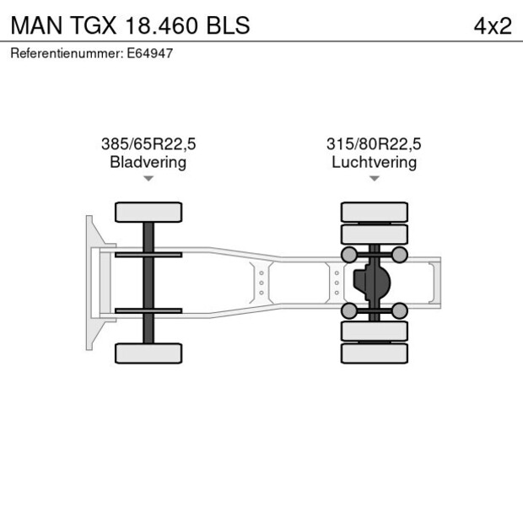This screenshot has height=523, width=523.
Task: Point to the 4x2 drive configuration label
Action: tap(492, 25)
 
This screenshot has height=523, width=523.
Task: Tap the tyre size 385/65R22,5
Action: tap(148, 144)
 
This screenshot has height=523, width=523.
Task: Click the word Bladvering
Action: tap(148, 162)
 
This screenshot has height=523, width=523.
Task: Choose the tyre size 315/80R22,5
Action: tap(374, 144)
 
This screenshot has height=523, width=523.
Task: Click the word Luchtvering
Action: tap(374, 162)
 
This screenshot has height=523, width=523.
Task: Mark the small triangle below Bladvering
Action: tap(148, 179)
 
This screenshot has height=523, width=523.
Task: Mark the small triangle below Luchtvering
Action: tap(374, 179)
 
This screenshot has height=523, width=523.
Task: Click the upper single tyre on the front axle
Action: tap(148, 212)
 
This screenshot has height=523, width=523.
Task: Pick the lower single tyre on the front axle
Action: tap(148, 353)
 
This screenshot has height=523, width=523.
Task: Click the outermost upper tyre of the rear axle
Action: tap(374, 211)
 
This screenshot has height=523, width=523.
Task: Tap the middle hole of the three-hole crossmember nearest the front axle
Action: tap(261, 283)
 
